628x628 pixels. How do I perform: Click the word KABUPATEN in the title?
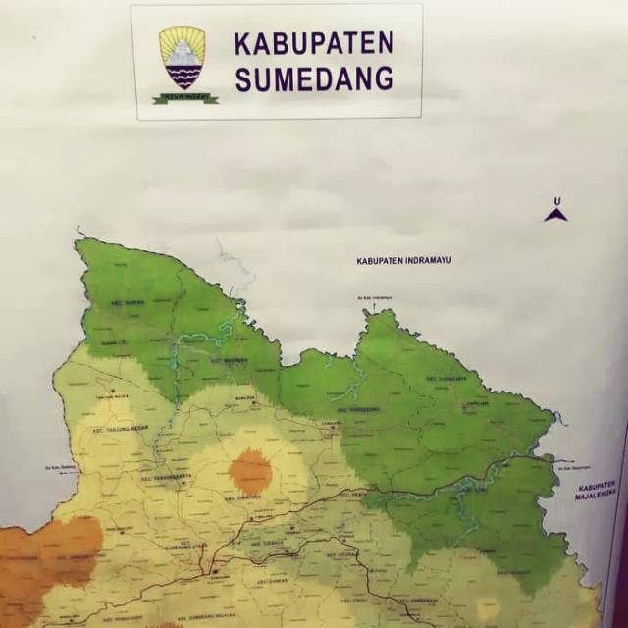pos(313,44)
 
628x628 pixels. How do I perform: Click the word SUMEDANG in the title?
pos(313,78)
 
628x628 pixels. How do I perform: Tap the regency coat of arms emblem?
pos(183,58)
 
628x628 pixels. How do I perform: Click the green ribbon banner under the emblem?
pos(184,97)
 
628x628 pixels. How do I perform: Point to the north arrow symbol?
pos(555,214)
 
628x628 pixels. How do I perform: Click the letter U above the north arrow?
pos(556,202)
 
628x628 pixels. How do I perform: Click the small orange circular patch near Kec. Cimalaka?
pos(250,471)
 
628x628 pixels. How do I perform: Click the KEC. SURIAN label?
pos(129,303)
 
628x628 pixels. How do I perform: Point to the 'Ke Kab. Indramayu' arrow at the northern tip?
pos(374,298)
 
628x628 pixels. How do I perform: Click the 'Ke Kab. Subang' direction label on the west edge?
pos(62,468)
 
